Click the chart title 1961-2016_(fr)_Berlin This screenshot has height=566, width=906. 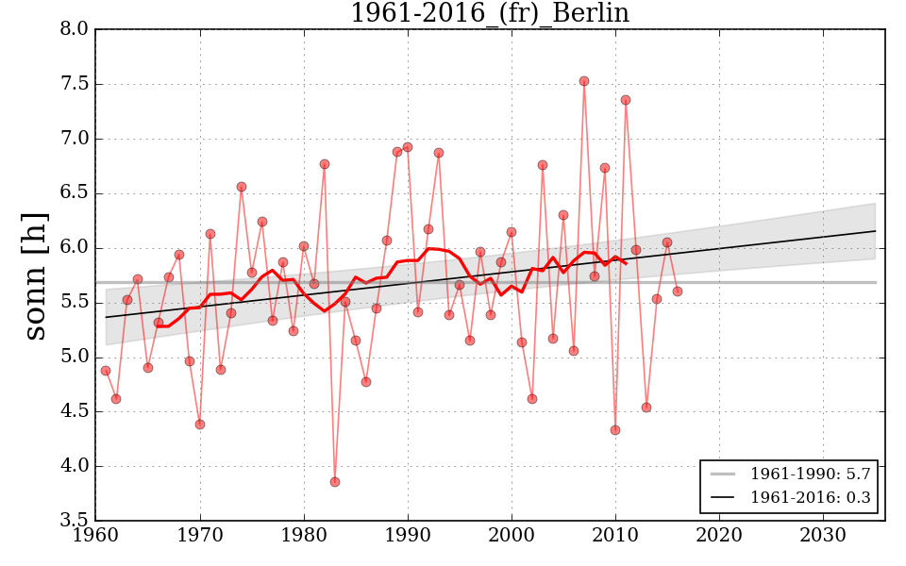(x=489, y=13)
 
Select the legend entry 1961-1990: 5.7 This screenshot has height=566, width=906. (x=810, y=474)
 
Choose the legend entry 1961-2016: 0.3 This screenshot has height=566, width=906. (x=810, y=497)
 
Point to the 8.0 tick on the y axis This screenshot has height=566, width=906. (x=75, y=29)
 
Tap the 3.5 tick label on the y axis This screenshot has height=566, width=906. (x=75, y=521)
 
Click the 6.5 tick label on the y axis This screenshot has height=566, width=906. (x=75, y=193)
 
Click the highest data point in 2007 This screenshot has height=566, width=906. (x=584, y=81)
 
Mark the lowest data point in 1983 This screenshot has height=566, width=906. (x=335, y=482)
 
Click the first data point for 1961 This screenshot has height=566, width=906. (x=106, y=371)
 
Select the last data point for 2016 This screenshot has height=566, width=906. (x=678, y=291)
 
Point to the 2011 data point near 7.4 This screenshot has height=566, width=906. (x=626, y=100)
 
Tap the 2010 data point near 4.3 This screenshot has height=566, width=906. (x=615, y=430)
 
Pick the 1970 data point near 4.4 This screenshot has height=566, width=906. (x=200, y=424)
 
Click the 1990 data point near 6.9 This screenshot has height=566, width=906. (x=408, y=147)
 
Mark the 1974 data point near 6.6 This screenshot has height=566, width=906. (x=242, y=187)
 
